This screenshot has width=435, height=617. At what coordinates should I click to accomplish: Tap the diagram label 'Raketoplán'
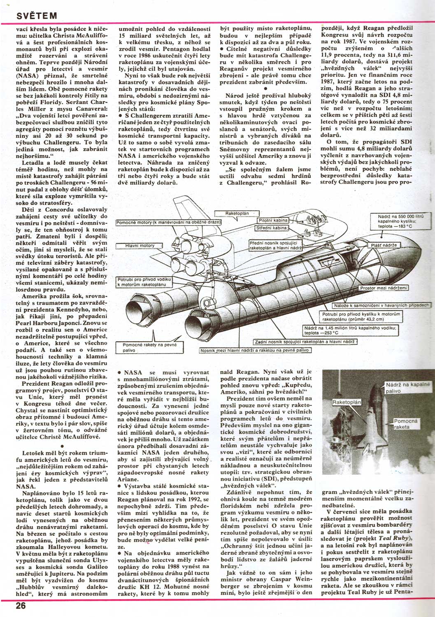pyautogui.click(x=237, y=213)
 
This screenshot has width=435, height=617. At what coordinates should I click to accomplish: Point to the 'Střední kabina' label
pyautogui.click(x=271, y=227)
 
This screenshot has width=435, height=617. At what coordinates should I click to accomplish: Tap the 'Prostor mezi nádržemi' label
pyautogui.click(x=383, y=288)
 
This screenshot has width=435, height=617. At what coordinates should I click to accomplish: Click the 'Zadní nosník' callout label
pyautogui.click(x=305, y=342)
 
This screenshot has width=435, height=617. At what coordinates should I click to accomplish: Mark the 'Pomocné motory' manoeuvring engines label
pyautogui.click(x=169, y=223)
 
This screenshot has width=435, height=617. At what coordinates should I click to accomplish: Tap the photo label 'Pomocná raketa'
pyautogui.click(x=406, y=424)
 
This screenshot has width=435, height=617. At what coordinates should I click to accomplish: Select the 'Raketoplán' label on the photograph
pyautogui.click(x=347, y=402)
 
